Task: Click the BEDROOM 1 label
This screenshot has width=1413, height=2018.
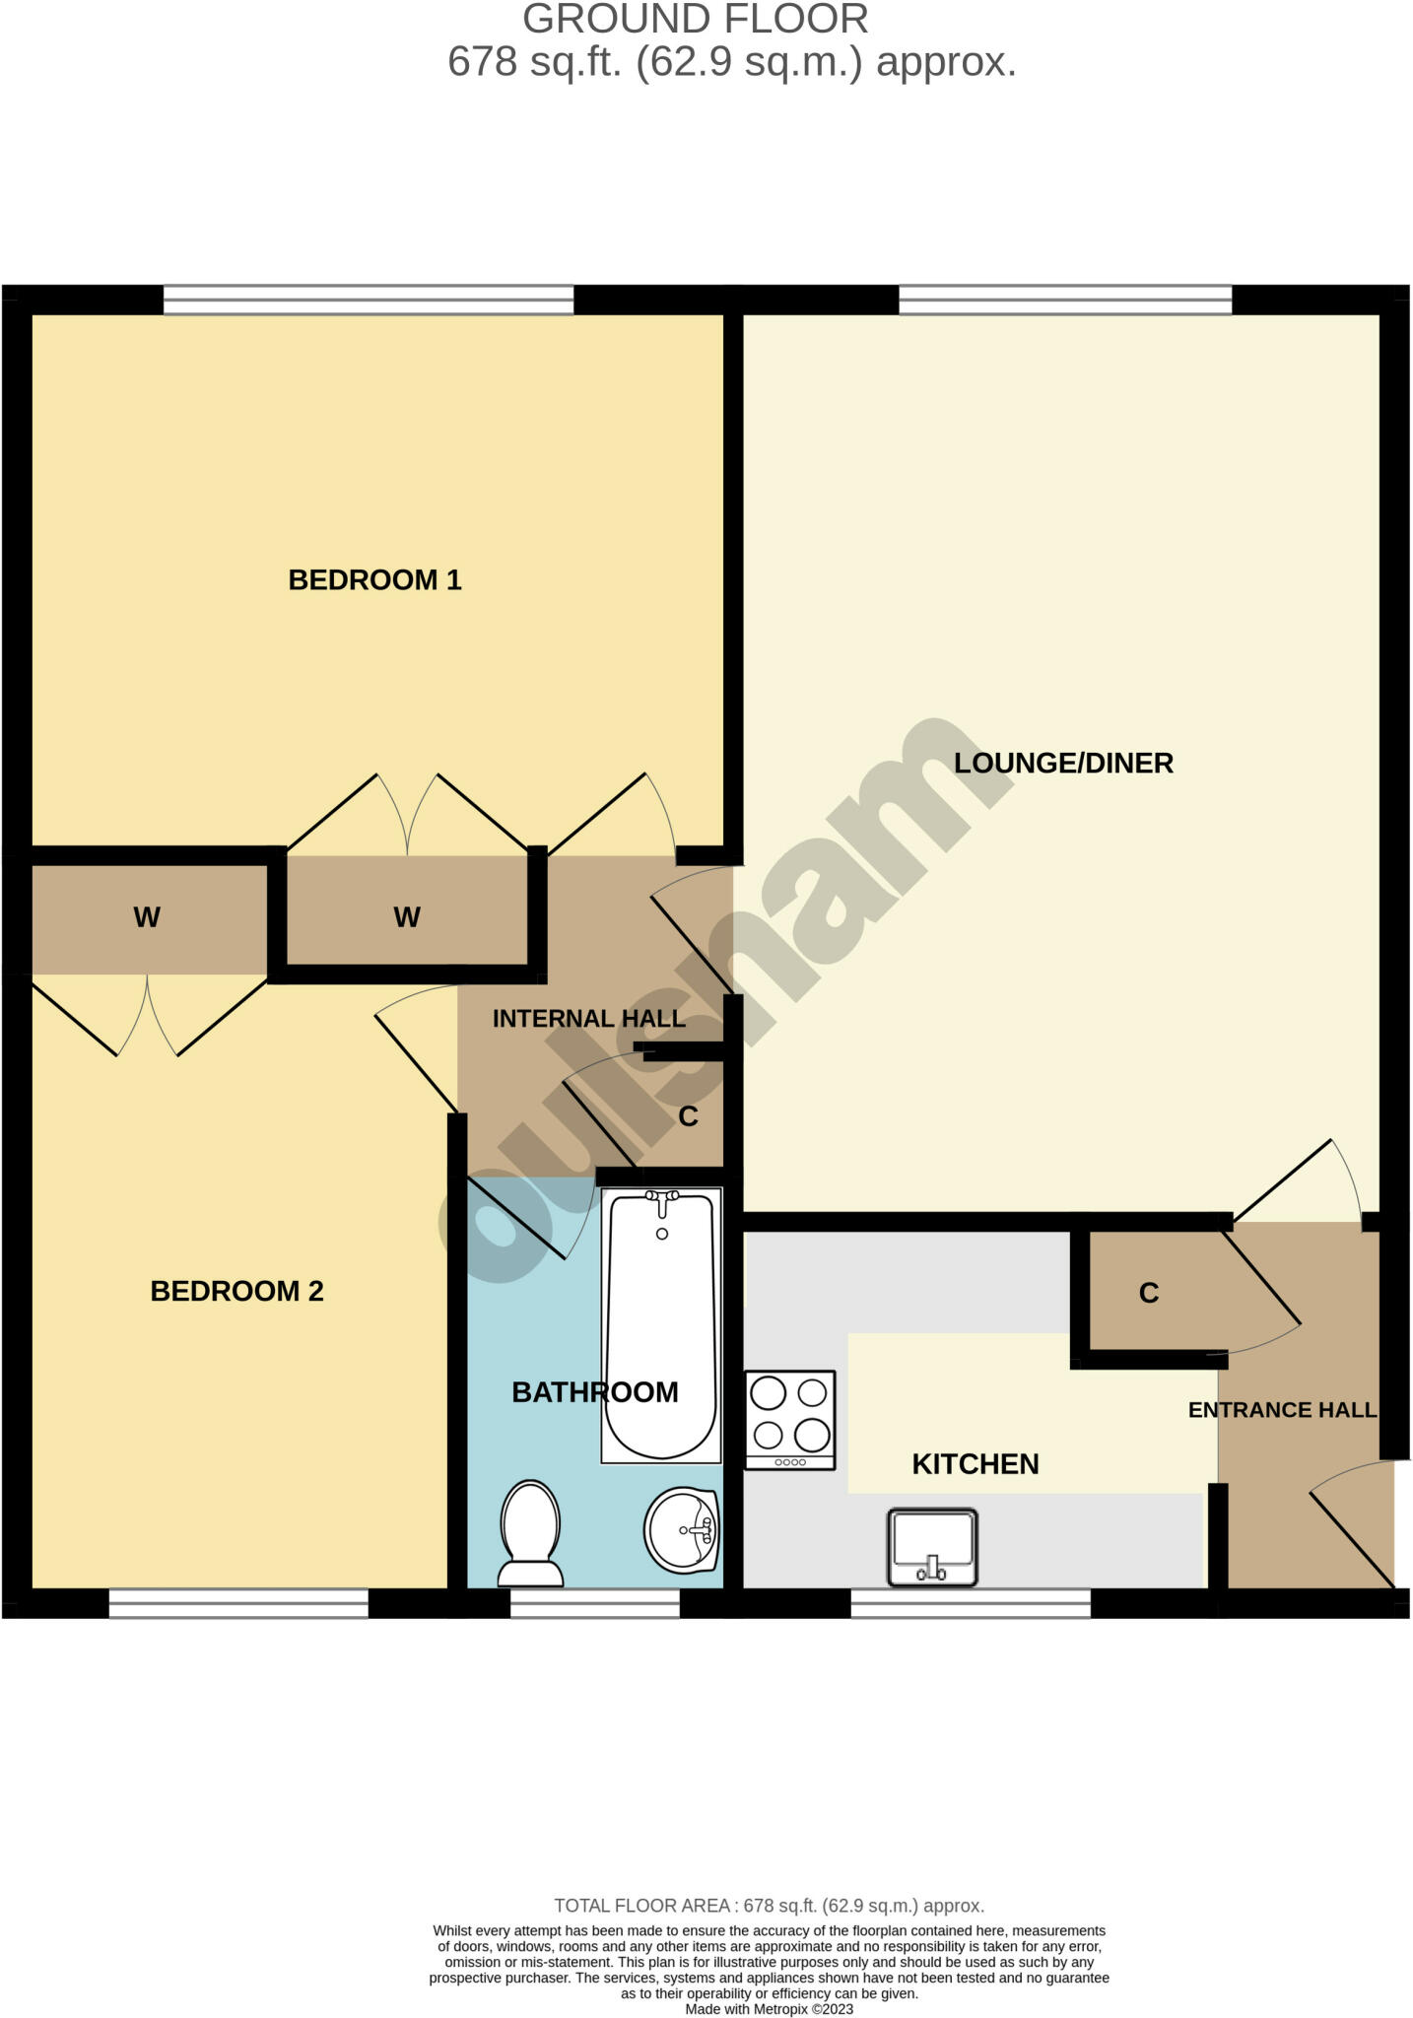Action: pyautogui.click(x=374, y=579)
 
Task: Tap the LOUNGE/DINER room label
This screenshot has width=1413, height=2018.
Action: pyautogui.click(x=1063, y=763)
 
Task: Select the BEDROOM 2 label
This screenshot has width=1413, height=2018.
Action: pyautogui.click(x=236, y=1291)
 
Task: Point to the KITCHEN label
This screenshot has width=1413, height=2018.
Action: pyautogui.click(x=976, y=1464)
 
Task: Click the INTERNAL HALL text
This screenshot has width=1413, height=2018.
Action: pyautogui.click(x=588, y=1019)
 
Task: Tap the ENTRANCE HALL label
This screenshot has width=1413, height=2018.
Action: pyautogui.click(x=1282, y=1410)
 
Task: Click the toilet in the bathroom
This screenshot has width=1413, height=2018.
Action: pyautogui.click(x=531, y=1533)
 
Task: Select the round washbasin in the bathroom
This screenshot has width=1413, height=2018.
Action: pyautogui.click(x=682, y=1530)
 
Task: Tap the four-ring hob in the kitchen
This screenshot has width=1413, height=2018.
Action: pyautogui.click(x=790, y=1420)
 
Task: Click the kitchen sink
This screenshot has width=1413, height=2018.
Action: pyautogui.click(x=932, y=1547)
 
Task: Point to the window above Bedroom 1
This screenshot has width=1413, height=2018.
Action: pyautogui.click(x=368, y=300)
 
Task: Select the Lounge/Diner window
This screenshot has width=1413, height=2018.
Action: pyautogui.click(x=1065, y=300)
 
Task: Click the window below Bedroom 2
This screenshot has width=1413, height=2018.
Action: pyautogui.click(x=238, y=1604)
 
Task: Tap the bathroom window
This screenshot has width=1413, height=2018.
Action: pyautogui.click(x=595, y=1604)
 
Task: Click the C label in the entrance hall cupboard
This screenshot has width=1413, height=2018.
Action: pyautogui.click(x=1148, y=1294)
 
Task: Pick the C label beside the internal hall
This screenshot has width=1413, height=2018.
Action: pyautogui.click(x=688, y=1116)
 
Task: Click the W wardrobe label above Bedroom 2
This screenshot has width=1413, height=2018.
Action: pyautogui.click(x=147, y=918)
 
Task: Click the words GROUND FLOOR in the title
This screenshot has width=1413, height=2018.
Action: pyautogui.click(x=695, y=20)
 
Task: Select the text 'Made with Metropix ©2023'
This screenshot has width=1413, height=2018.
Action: pyautogui.click(x=769, y=2009)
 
